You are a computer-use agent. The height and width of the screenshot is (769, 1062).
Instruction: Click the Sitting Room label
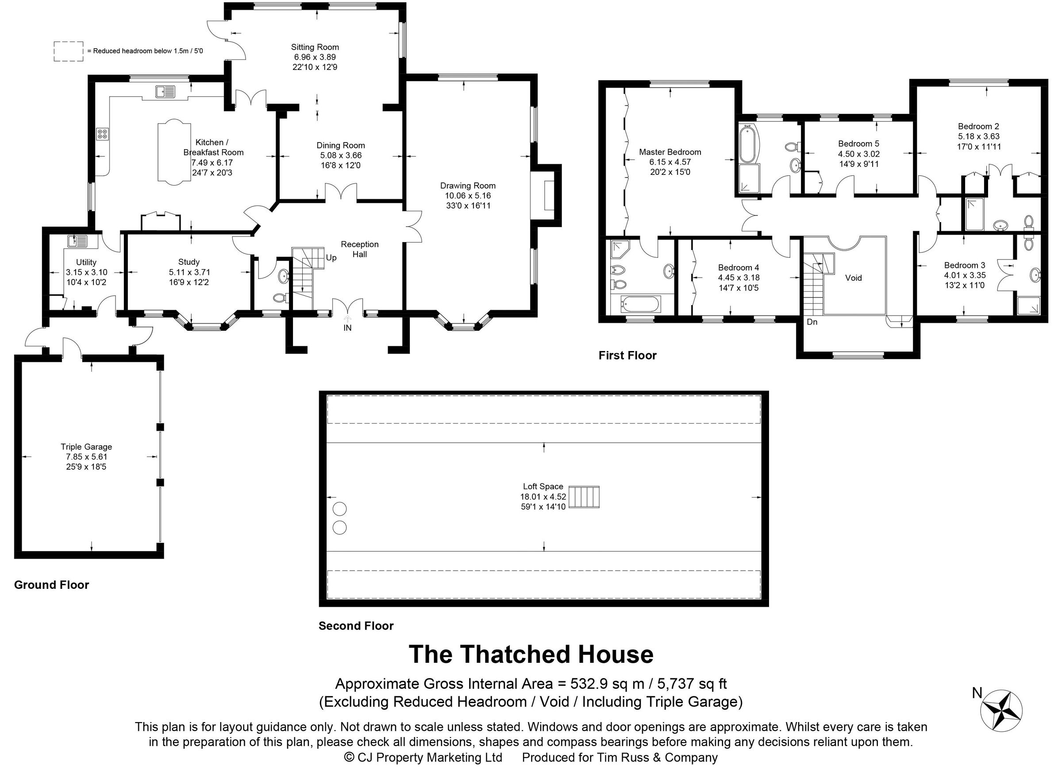point(315,47)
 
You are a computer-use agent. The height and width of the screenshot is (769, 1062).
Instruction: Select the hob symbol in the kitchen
point(103,135)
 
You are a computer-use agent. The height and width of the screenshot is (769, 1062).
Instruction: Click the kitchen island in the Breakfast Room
point(174,151)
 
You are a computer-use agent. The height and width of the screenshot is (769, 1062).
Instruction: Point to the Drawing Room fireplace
point(548,195)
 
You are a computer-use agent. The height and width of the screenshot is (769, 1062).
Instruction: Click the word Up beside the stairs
point(331,258)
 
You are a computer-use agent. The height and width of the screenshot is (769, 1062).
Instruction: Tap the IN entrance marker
point(347,328)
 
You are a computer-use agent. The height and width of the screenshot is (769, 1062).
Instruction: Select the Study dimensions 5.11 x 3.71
point(189,272)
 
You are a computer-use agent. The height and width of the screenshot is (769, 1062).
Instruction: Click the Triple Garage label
point(86,447)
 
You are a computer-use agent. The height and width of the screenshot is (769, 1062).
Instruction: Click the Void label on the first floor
point(853,278)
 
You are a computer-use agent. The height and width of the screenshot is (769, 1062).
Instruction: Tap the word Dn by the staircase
point(812,322)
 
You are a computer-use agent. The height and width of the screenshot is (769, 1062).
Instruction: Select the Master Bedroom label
point(670,152)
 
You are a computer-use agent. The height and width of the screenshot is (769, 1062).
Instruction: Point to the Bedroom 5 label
point(858,144)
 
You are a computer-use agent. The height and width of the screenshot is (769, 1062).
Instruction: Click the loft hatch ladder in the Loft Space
point(584,497)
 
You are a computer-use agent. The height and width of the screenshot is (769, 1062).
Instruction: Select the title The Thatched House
point(531,654)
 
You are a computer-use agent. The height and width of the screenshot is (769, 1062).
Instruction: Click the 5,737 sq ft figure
point(692,684)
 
